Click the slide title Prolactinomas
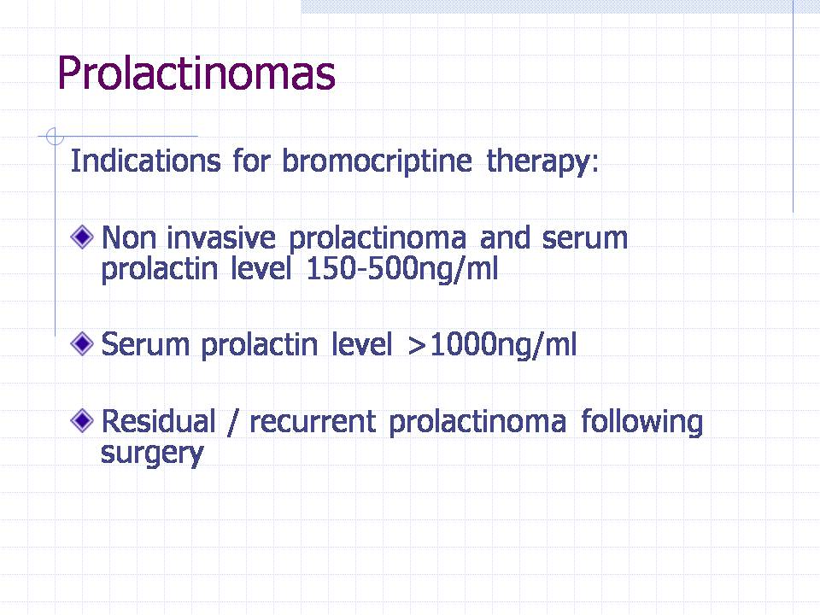pos(196,73)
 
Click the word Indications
pos(145,161)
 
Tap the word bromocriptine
pos(377,161)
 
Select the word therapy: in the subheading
pos(542,161)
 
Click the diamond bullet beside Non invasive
pos(82,237)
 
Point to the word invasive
pos(220,238)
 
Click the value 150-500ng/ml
pos(402,269)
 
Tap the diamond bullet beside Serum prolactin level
pos(82,343)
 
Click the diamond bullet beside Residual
pos(82,420)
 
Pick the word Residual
pos(159,421)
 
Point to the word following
pos(642,424)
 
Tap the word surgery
pos(152,454)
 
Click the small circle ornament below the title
pos(55,137)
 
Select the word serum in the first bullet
pos(584,239)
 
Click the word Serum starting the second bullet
pos(145,345)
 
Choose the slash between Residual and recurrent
pos(232,423)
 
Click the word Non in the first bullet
pos(129,238)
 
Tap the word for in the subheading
pos(251,161)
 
